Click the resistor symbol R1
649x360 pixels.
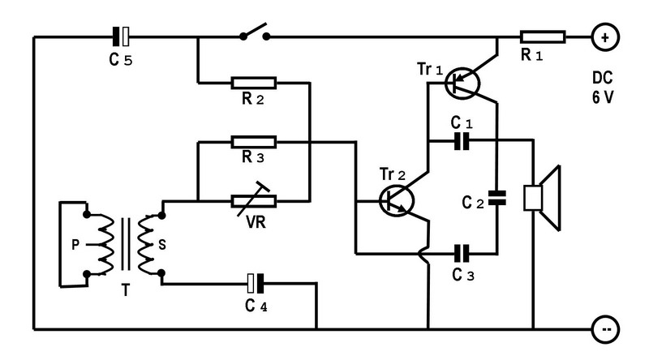(x=543, y=36)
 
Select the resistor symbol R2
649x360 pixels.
(x=253, y=82)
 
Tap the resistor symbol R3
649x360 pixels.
(x=253, y=142)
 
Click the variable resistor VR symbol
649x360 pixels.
(x=255, y=200)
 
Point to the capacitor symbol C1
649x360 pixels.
(x=461, y=142)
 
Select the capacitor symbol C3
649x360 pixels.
(x=461, y=252)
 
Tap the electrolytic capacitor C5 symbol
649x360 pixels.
(x=121, y=36)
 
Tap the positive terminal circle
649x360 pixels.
(x=604, y=36)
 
